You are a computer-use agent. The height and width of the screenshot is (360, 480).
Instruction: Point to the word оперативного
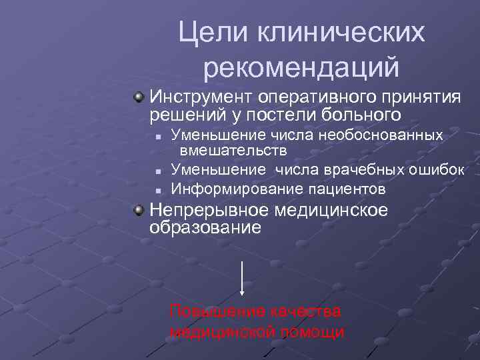[x=317, y=97]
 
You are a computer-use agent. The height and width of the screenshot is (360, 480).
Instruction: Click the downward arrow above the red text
[x=242, y=279]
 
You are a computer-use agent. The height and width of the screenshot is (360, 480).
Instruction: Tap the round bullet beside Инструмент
[x=138, y=98]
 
